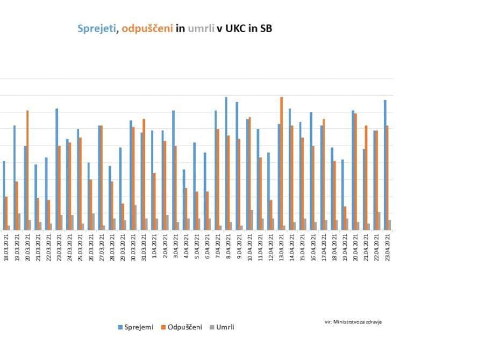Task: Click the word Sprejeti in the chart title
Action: (x=97, y=28)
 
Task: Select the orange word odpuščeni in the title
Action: (x=147, y=28)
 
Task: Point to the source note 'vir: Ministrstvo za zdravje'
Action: (x=354, y=321)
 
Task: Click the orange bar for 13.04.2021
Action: (x=281, y=163)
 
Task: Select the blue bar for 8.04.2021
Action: (x=226, y=163)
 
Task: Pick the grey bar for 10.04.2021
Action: (x=252, y=220)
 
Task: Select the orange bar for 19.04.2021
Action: (x=345, y=218)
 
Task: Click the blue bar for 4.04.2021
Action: (x=184, y=199)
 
